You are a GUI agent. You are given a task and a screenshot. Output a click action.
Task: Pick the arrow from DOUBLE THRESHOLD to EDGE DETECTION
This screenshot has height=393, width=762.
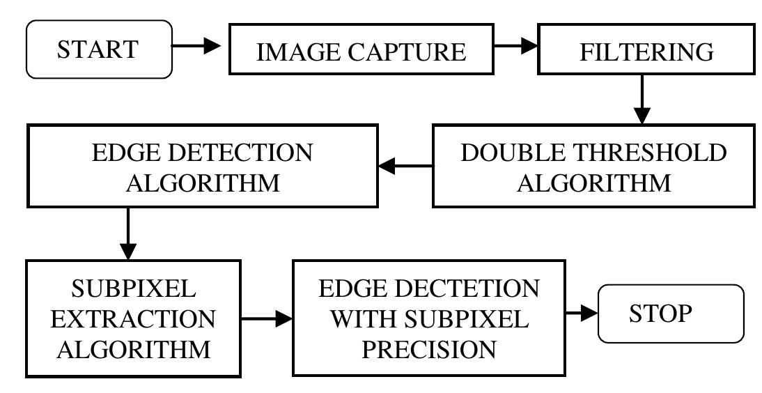(x=403, y=166)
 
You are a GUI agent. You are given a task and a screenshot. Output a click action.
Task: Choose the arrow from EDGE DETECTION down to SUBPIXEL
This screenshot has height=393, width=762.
(x=128, y=236)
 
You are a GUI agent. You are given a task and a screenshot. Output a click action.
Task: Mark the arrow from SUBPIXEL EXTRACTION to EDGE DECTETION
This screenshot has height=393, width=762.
(x=267, y=320)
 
